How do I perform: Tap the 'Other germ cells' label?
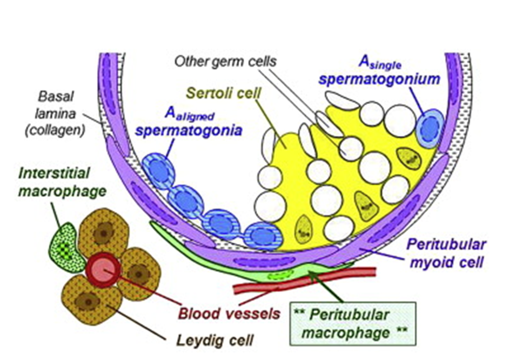coord(225,61)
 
